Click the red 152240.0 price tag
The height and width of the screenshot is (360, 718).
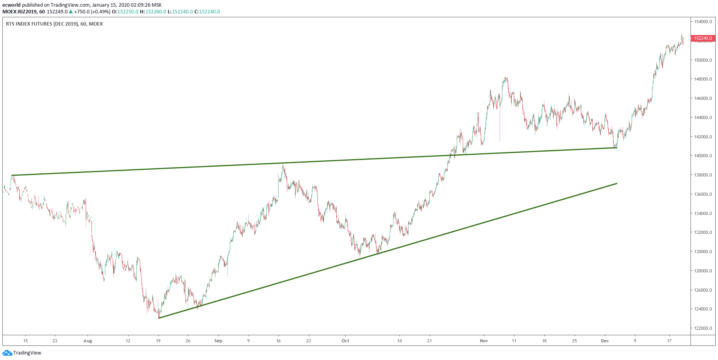(703, 38)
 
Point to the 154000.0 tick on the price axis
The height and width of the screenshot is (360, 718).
(703, 22)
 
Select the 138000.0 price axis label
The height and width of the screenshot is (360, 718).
(703, 175)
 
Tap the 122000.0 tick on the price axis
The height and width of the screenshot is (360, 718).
(703, 328)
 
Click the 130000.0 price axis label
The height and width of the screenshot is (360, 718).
(703, 252)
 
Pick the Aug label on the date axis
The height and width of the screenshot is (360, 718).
(88, 341)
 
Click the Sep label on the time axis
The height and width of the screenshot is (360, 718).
(218, 341)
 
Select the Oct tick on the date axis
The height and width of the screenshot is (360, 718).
(345, 341)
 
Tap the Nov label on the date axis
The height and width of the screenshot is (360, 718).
(484, 341)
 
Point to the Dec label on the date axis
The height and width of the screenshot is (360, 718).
(604, 341)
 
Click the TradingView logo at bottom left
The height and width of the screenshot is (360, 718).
(22, 353)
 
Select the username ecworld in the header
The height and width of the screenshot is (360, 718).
(11, 5)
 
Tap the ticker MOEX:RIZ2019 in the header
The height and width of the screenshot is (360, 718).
(18, 12)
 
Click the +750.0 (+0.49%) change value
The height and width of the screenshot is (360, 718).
(92, 12)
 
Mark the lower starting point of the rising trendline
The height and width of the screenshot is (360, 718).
(159, 318)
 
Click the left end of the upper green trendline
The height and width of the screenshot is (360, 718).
(12, 175)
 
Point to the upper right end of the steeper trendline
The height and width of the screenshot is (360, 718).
(617, 184)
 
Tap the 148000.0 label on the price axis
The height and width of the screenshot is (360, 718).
(703, 79)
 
